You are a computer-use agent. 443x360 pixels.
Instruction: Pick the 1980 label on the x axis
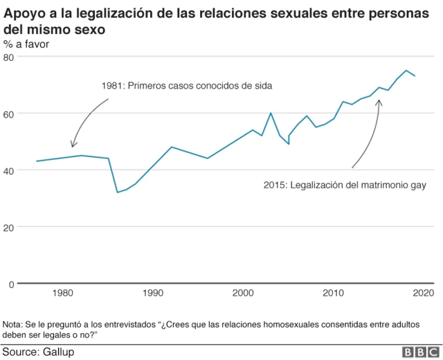(63, 294)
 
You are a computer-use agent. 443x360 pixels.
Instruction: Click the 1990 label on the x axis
(153, 294)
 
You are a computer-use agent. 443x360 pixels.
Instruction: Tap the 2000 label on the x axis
(243, 294)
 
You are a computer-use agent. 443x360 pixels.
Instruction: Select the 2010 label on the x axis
(334, 294)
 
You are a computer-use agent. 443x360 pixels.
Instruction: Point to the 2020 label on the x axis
(422, 294)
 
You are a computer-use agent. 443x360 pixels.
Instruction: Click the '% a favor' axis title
(26, 44)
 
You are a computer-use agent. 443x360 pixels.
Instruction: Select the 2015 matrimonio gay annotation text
(344, 186)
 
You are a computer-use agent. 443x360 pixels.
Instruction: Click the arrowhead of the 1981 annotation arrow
(73, 146)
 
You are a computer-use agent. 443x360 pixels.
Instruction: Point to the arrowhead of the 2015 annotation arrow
(379, 101)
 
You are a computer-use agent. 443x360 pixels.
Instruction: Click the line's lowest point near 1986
(117, 192)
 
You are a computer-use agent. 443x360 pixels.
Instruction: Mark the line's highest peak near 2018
(406, 71)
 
